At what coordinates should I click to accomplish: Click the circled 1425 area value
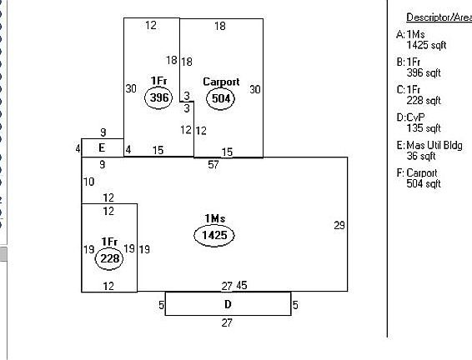[x=214, y=235]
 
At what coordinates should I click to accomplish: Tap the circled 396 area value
[x=158, y=97]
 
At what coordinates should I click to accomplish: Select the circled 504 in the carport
[x=221, y=98]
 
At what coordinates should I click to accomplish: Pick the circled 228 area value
[x=109, y=258]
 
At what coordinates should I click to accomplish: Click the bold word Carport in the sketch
[x=221, y=82]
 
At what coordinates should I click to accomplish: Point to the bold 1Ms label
[x=214, y=218]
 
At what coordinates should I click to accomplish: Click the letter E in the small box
[x=102, y=147]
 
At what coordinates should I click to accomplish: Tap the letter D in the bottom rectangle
[x=228, y=304]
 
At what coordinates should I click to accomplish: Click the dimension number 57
[x=213, y=164]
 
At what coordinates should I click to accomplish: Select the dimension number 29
[x=339, y=225]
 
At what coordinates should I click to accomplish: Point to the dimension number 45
[x=242, y=285]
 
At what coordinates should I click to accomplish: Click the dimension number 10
[x=88, y=182]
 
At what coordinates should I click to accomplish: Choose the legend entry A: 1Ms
[x=410, y=34]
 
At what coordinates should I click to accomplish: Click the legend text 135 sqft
[x=424, y=128]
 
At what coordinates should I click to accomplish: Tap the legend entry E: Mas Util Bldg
[x=429, y=146]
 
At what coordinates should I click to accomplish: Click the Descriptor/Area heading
[x=439, y=17]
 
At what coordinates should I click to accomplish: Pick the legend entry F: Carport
[x=417, y=173]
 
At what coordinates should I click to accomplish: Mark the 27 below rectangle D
[x=227, y=322]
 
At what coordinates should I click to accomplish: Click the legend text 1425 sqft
[x=426, y=45]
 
